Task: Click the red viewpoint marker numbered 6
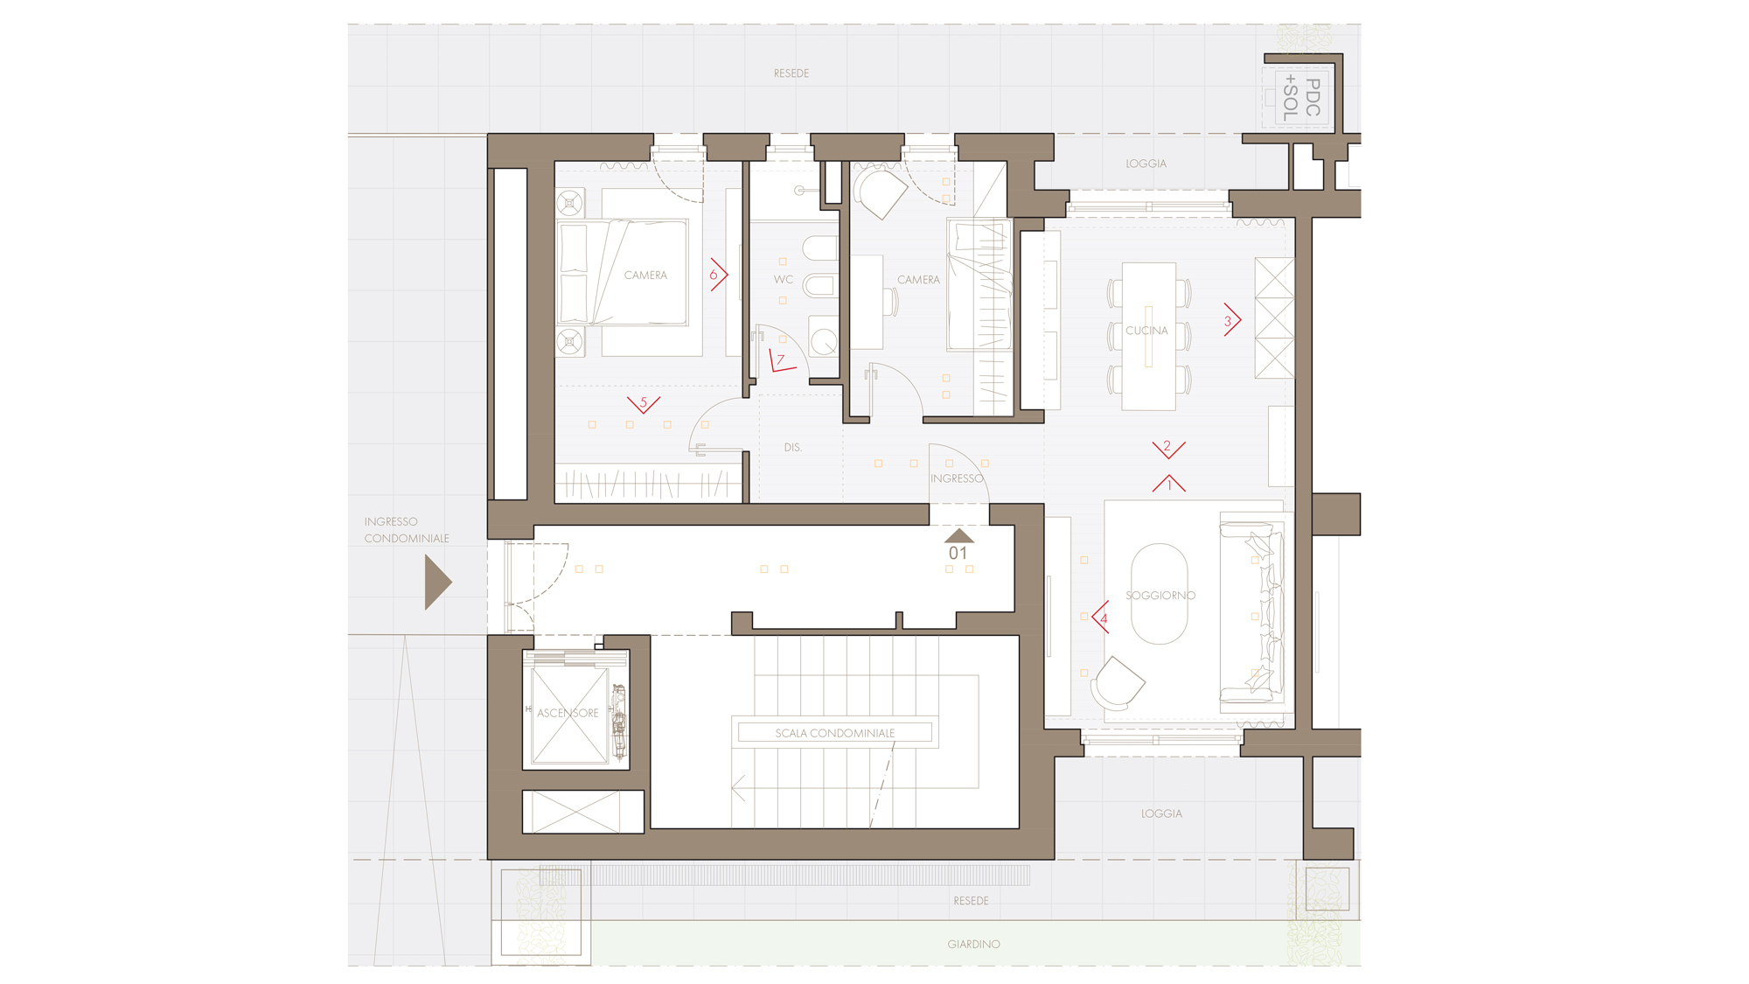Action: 718,275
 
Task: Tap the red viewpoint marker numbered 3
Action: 1231,320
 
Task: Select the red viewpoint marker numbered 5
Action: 644,404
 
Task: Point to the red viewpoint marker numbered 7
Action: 781,361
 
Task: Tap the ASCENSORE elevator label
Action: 568,713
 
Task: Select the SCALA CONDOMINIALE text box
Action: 835,733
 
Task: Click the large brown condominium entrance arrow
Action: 437,583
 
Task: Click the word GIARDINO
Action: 973,945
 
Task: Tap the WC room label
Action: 783,280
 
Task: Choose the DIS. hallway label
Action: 792,448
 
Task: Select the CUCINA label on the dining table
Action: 1146,331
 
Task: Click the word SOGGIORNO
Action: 1160,596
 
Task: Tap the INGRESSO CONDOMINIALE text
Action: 407,530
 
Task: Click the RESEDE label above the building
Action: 791,73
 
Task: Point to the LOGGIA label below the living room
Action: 1161,813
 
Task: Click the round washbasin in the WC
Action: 824,341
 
